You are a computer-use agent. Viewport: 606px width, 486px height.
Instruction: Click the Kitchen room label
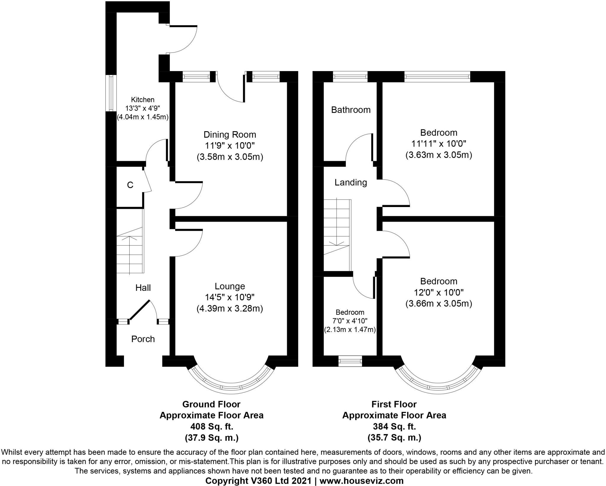pyautogui.click(x=143, y=100)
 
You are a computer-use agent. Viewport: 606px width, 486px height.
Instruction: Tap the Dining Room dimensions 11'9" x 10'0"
pyautogui.click(x=230, y=146)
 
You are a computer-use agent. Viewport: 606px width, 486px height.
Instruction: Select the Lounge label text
pyautogui.click(x=230, y=286)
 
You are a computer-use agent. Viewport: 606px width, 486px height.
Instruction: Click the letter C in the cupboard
pyautogui.click(x=130, y=185)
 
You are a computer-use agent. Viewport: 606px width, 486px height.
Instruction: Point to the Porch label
pyautogui.click(x=143, y=339)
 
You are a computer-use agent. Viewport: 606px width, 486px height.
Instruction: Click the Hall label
pyautogui.click(x=143, y=288)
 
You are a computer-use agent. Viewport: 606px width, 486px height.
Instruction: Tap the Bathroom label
pyautogui.click(x=351, y=110)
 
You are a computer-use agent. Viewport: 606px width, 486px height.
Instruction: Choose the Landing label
pyautogui.click(x=351, y=182)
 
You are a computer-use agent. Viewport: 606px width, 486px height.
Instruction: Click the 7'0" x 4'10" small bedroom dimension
pyautogui.click(x=350, y=321)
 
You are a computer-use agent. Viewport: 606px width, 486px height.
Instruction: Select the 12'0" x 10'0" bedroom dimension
pyautogui.click(x=439, y=292)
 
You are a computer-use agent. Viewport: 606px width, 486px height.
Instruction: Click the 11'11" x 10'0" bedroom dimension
pyautogui.click(x=439, y=144)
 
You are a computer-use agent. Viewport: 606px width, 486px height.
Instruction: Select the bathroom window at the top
pyautogui.click(x=350, y=77)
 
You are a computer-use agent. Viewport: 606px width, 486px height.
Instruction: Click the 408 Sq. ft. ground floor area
pyautogui.click(x=211, y=427)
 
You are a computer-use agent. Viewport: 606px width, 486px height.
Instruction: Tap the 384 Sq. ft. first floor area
pyautogui.click(x=394, y=427)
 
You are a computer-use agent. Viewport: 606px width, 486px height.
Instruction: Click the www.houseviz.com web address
pyautogui.click(x=361, y=480)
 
